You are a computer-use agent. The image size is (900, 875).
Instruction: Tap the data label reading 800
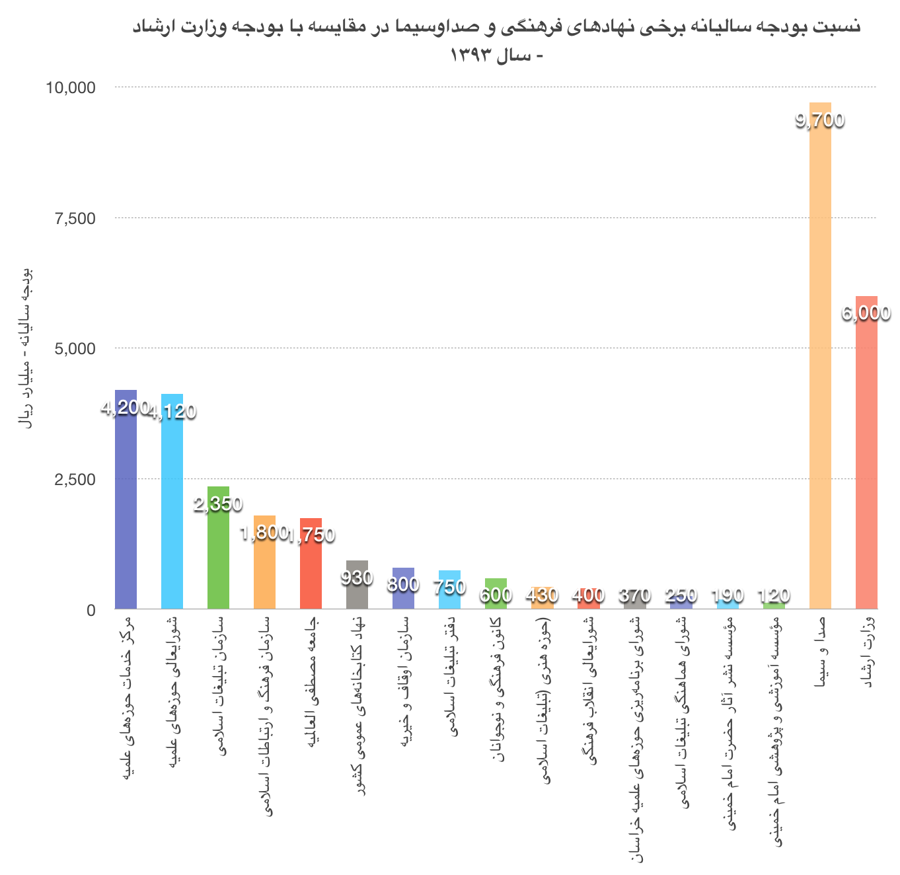point(403,584)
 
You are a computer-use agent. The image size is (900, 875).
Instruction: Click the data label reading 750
point(449,587)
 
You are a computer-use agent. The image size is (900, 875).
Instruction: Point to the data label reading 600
point(496,595)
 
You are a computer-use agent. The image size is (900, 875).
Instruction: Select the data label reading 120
point(773,595)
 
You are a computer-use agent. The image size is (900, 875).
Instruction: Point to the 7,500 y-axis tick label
point(75,218)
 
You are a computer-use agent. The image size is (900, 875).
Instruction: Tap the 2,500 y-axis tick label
point(75,479)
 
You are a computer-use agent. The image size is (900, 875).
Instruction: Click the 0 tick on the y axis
point(91,609)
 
